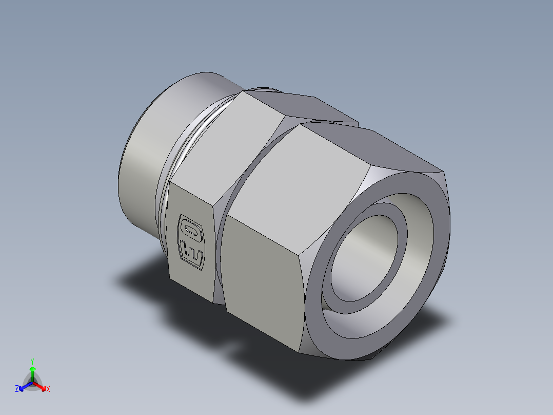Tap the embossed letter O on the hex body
pyautogui.click(x=190, y=228)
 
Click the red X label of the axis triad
pyautogui.click(x=48, y=389)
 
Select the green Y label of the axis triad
pyautogui.click(x=32, y=361)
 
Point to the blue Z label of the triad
pyautogui.click(x=17, y=389)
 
